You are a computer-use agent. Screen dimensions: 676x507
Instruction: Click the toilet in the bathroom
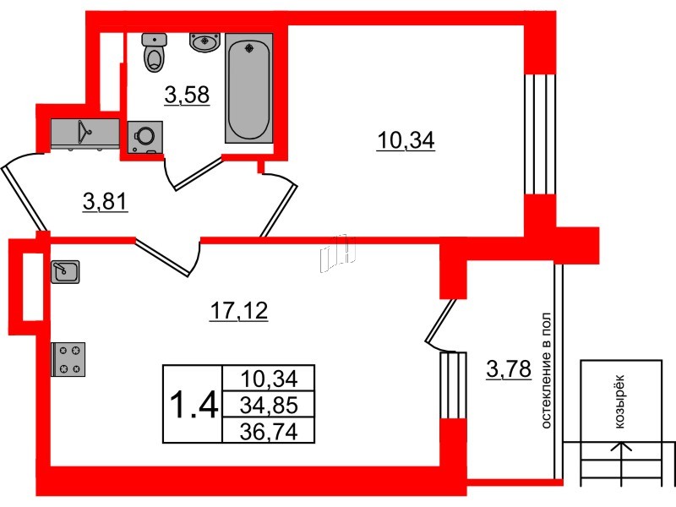[154, 52]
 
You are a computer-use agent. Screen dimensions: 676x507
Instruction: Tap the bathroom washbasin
[204, 42]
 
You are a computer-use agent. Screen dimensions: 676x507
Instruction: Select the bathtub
[248, 88]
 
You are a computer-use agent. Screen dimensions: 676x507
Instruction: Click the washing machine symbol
[144, 137]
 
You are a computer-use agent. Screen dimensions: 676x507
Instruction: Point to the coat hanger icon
[84, 131]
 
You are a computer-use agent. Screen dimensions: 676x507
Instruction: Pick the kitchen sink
[65, 271]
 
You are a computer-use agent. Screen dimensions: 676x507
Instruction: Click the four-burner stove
[68, 359]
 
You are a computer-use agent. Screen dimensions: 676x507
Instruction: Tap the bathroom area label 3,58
[187, 95]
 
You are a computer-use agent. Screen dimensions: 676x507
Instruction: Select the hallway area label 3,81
[106, 202]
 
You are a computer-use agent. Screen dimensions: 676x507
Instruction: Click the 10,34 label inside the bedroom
[406, 140]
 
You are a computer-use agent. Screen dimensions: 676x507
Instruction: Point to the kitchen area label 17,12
[239, 311]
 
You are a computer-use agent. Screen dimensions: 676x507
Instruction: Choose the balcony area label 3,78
[509, 369]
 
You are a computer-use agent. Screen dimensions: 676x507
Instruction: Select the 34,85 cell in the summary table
[269, 406]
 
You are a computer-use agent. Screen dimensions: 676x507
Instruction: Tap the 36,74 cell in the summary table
[269, 431]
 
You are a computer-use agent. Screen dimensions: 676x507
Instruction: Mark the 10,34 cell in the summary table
[269, 379]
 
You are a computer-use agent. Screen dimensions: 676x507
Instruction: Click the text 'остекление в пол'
[546, 371]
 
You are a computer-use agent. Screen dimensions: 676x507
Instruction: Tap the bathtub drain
[249, 47]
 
